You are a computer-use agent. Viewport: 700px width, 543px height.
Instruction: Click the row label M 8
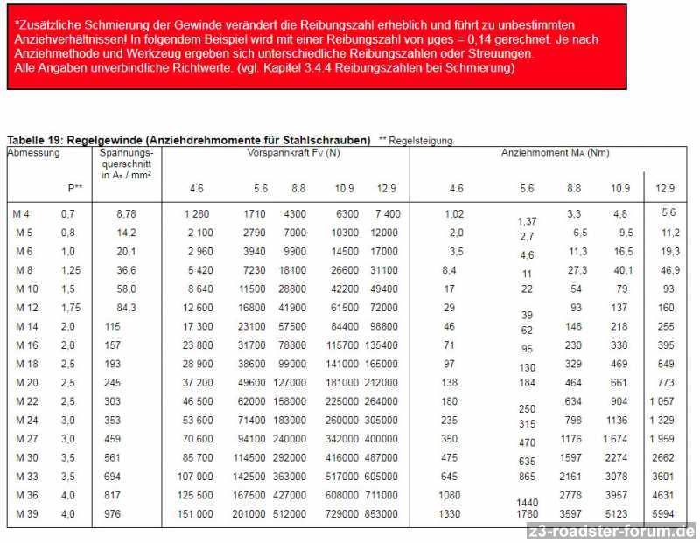(x=24, y=270)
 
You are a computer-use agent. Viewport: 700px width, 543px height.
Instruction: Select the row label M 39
(x=25, y=513)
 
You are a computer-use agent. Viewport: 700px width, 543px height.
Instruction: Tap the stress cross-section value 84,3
(x=126, y=308)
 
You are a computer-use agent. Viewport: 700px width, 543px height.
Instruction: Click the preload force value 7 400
(x=387, y=214)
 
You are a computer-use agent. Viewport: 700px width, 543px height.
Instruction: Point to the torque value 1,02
(x=454, y=214)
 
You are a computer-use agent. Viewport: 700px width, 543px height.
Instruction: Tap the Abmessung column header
(x=33, y=153)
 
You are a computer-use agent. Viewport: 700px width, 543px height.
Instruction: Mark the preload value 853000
(x=381, y=513)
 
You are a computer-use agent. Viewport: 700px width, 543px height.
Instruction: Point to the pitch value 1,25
(x=71, y=270)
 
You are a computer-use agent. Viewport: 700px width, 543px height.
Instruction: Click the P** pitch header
(x=75, y=188)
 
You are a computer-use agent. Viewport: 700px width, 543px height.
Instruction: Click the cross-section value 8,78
(x=126, y=214)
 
